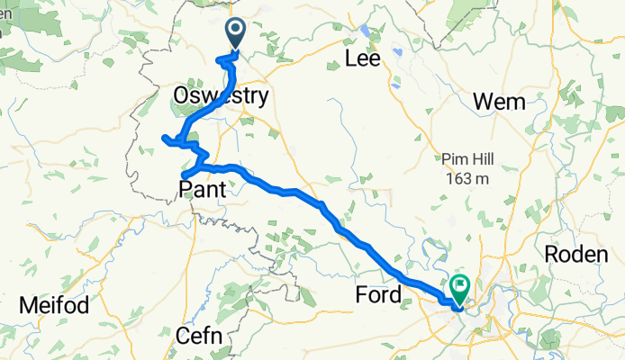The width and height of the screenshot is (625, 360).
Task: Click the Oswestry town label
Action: click(220, 95)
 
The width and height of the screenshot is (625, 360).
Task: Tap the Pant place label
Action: click(204, 189)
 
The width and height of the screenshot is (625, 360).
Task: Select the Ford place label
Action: click(379, 294)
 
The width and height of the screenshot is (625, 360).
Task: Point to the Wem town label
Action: click(499, 103)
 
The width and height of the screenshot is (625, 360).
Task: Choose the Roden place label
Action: click(576, 255)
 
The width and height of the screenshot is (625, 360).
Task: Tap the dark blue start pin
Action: click(236, 32)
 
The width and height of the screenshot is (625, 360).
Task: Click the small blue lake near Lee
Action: click(365, 31)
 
